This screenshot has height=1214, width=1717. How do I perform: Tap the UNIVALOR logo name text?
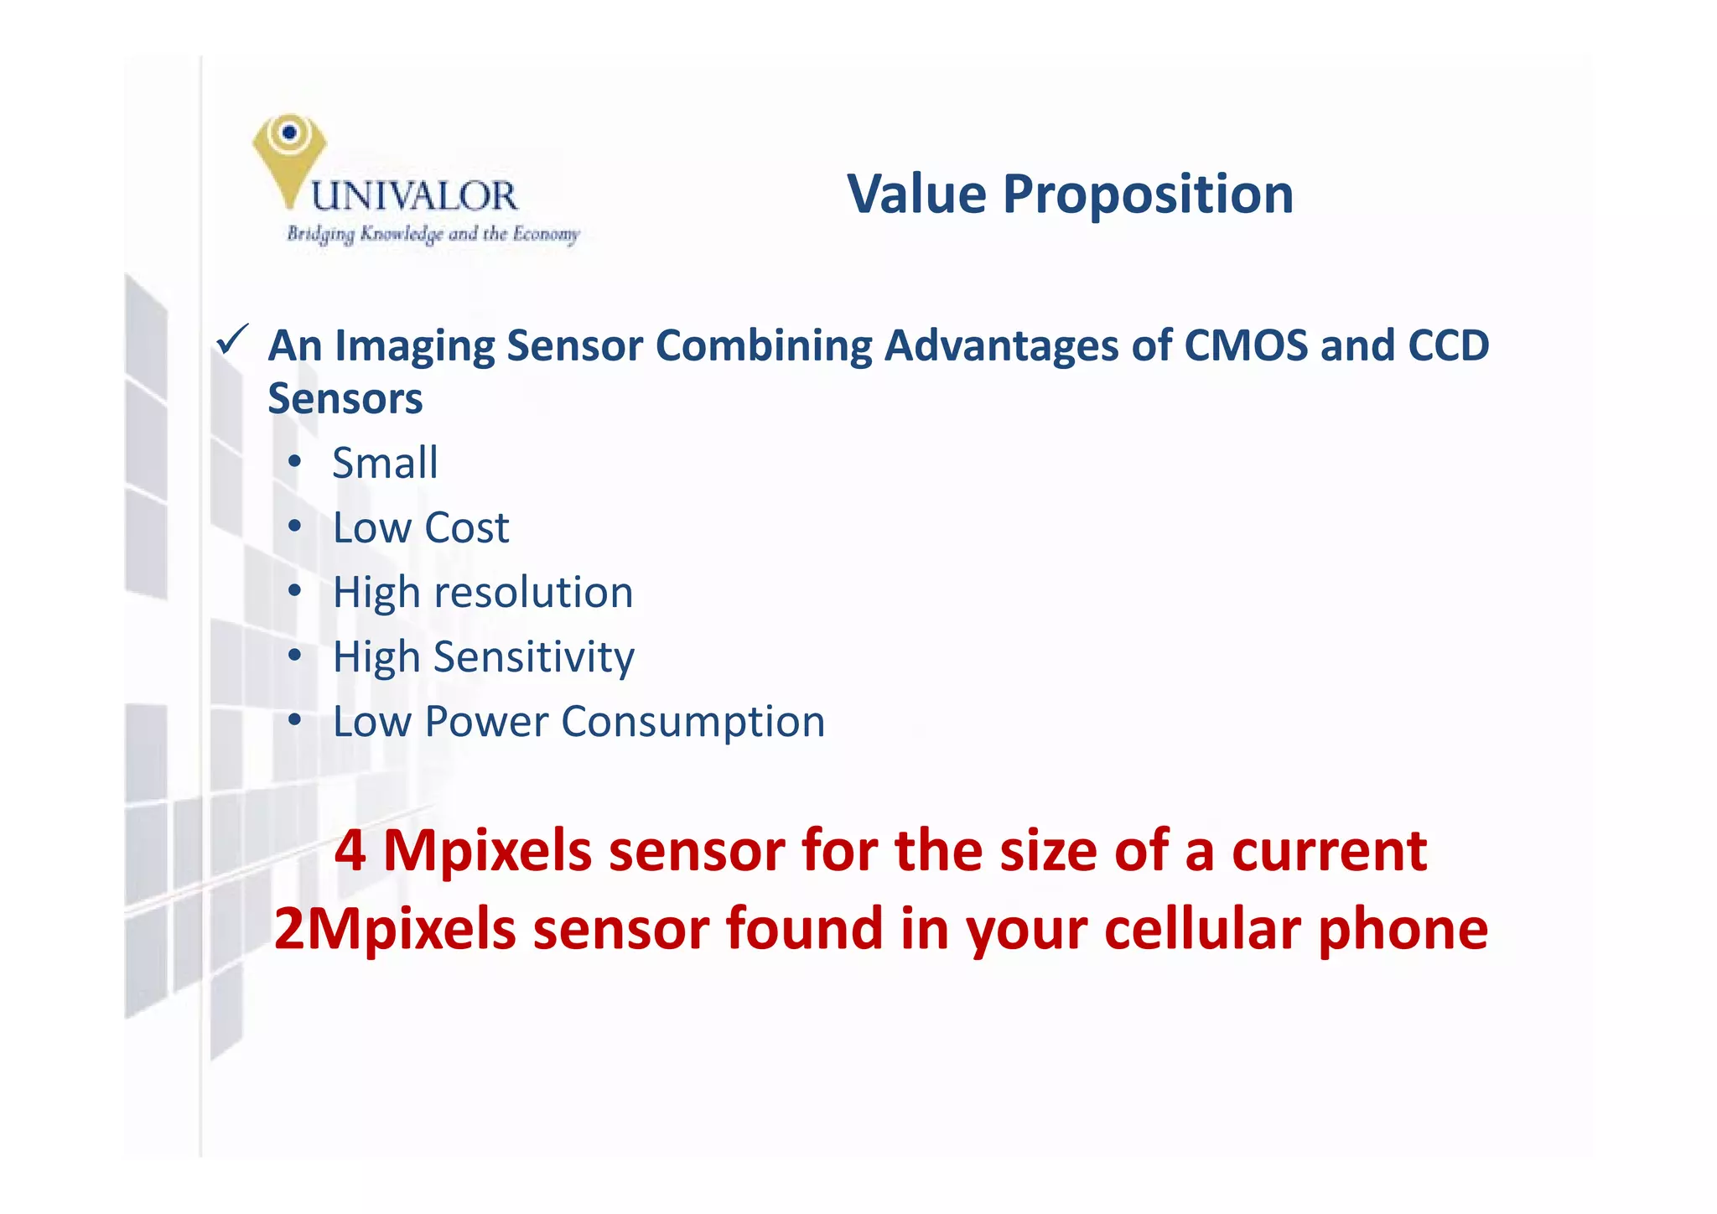(414, 196)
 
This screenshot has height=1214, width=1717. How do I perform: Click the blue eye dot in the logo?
(289, 132)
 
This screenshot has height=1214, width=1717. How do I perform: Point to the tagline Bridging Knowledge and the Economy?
(433, 234)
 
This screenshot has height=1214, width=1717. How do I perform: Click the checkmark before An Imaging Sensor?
(231, 340)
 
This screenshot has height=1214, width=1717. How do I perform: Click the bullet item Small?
(385, 463)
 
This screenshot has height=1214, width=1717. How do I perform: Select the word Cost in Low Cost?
(466, 528)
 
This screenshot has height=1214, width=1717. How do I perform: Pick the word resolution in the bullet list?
(532, 593)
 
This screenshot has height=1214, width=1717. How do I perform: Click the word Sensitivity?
(533, 658)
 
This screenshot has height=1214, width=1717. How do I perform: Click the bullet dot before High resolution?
(293, 592)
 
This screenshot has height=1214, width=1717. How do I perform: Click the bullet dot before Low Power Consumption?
(293, 721)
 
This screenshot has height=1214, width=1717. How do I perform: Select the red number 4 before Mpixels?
(350, 852)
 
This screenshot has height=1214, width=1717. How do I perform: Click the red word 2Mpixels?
(394, 930)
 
